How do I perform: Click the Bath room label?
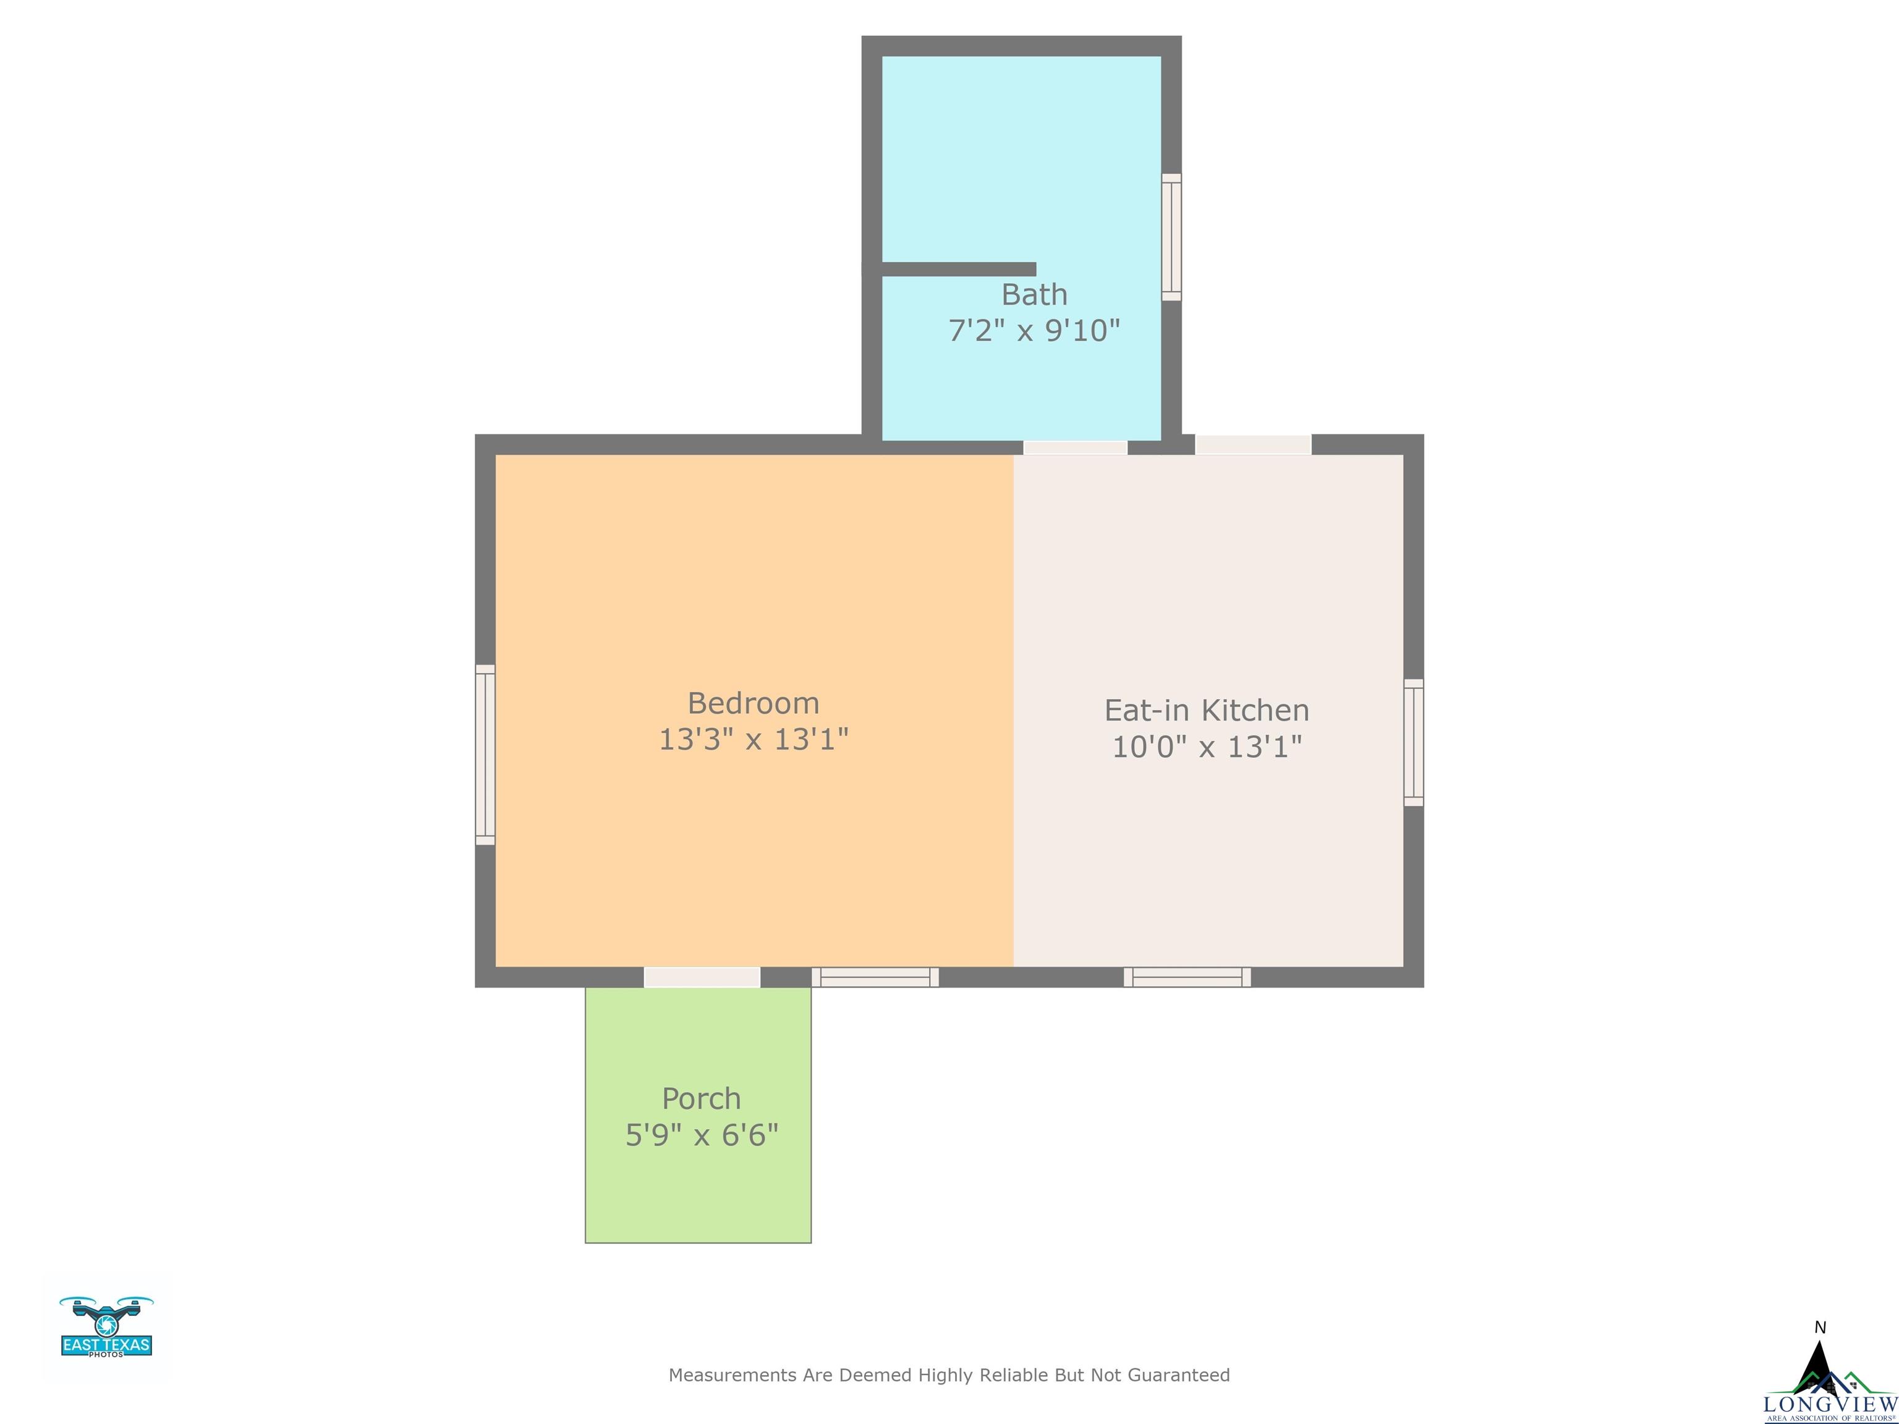tap(1034, 294)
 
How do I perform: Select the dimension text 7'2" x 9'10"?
tap(1034, 331)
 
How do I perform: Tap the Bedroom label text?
tap(753, 703)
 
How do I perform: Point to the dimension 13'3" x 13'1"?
tap(753, 739)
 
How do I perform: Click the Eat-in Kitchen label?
tap(1206, 710)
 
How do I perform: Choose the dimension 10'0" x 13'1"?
tap(1206, 747)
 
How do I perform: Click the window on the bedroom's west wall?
tap(485, 755)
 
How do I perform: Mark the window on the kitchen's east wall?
tap(1413, 742)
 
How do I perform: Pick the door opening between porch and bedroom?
tap(702, 977)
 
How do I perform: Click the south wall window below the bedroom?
tap(875, 977)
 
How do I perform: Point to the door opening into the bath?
tap(1075, 447)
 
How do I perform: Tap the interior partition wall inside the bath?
tap(959, 269)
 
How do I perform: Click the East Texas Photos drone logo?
tap(106, 1327)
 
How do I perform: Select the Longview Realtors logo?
tap(1828, 1382)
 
